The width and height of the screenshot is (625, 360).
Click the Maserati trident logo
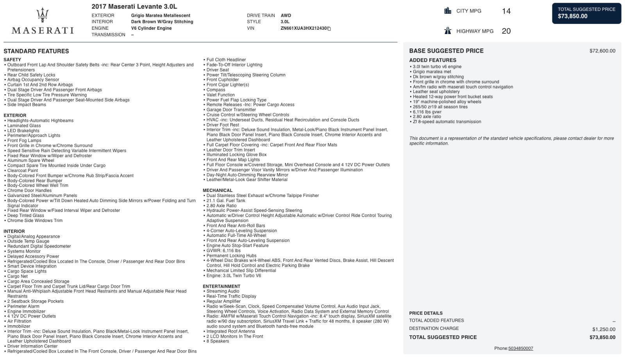click(42, 15)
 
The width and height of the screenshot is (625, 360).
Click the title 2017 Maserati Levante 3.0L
click(134, 7)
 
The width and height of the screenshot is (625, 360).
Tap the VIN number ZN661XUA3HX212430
click(303, 28)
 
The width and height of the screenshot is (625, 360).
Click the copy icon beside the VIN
click(329, 29)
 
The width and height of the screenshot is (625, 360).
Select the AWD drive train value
click(286, 16)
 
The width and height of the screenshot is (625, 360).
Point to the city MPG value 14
click(506, 11)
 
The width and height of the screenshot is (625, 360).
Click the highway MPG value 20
click(506, 31)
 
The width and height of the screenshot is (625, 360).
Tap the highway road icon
click(448, 31)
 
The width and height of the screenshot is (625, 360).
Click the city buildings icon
click(448, 11)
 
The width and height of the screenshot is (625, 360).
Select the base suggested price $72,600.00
click(602, 51)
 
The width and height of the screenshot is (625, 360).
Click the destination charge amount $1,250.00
click(604, 329)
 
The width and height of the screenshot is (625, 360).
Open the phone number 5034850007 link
click(520, 348)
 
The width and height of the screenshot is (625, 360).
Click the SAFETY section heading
click(12, 60)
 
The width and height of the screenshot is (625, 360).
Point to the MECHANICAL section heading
click(217, 190)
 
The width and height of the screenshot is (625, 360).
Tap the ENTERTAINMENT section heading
click(221, 286)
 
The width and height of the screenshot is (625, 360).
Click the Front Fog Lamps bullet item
click(24, 140)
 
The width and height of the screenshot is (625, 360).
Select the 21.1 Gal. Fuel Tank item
click(226, 201)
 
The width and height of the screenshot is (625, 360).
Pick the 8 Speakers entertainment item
click(218, 341)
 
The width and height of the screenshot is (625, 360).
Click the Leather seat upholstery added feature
click(436, 92)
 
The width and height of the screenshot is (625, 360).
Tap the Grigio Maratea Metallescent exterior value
click(161, 16)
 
